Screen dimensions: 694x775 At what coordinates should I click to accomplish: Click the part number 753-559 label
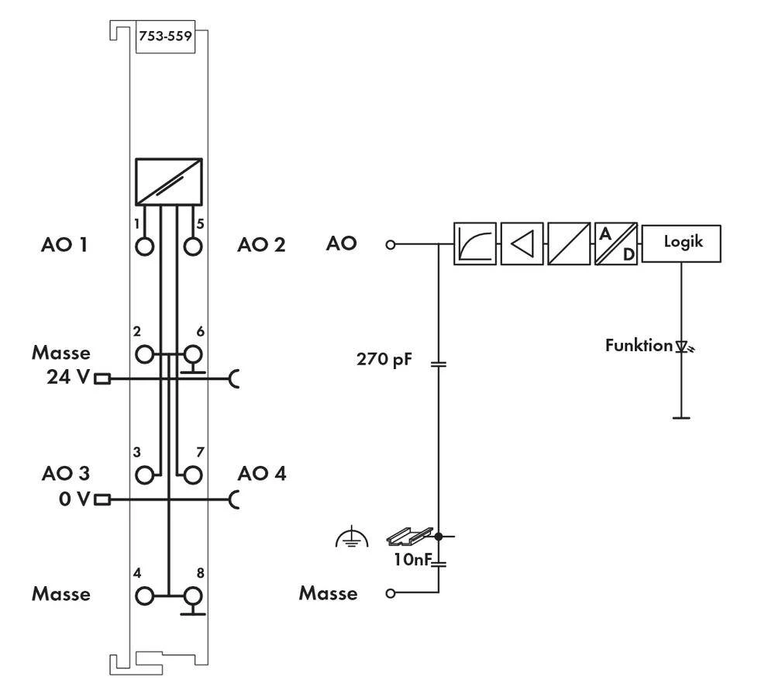(x=164, y=36)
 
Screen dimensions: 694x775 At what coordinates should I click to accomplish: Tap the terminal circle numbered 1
(x=144, y=247)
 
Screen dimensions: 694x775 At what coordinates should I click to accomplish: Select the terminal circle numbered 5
(x=192, y=247)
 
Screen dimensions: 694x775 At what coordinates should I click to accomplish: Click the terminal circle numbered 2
(x=144, y=355)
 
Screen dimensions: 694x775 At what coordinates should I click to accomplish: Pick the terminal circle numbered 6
(x=192, y=355)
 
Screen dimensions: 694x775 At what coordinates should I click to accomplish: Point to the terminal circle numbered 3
(x=144, y=474)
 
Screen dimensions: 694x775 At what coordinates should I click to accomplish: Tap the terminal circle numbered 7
(x=192, y=474)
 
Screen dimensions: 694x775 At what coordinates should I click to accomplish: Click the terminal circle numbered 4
(x=144, y=596)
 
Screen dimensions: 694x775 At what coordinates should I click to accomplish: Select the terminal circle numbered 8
(x=192, y=596)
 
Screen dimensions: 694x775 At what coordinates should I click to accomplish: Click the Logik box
(x=681, y=243)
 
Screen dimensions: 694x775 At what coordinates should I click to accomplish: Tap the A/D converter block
(x=616, y=244)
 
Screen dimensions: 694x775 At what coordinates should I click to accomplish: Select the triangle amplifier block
(x=522, y=244)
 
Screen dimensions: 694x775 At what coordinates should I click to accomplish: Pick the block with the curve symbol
(x=474, y=244)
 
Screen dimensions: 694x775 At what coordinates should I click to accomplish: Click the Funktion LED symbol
(x=682, y=347)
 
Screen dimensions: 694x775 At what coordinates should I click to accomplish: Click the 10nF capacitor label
(x=410, y=558)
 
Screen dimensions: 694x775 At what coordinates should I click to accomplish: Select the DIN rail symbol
(x=408, y=535)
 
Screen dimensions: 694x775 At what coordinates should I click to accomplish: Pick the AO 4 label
(x=262, y=473)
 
